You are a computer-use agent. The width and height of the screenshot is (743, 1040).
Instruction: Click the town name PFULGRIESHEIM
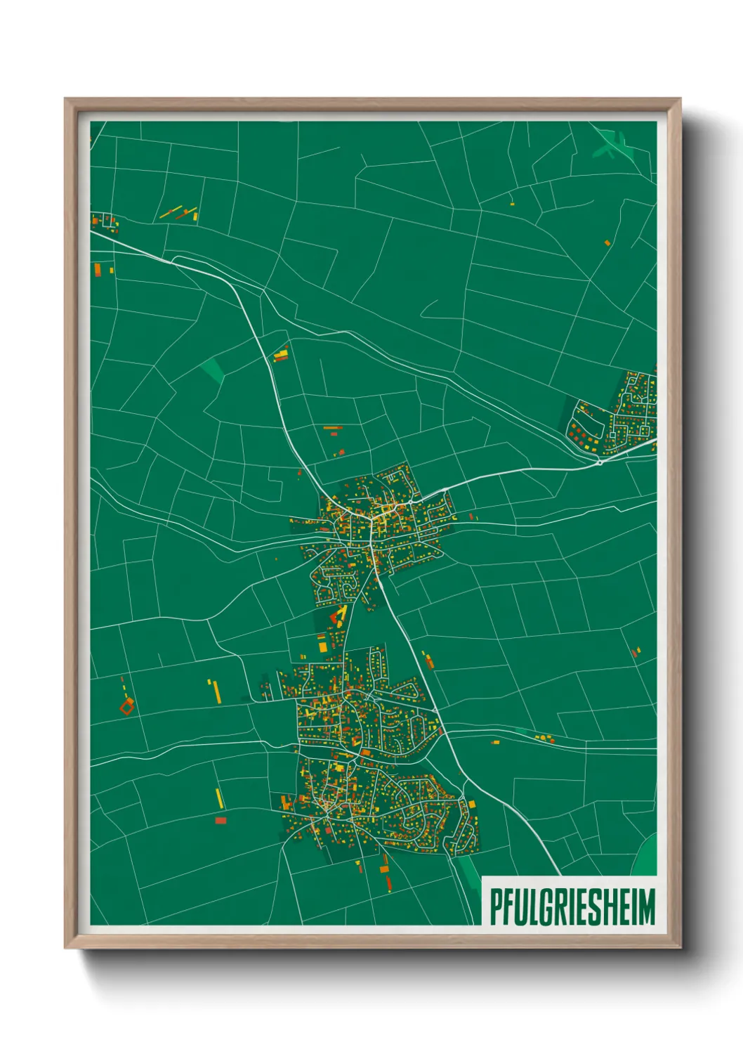pyautogui.click(x=572, y=906)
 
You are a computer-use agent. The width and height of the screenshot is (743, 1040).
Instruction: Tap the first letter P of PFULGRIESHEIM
pyautogui.click(x=495, y=906)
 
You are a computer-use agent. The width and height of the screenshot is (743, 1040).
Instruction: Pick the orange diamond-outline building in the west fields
pyautogui.click(x=126, y=706)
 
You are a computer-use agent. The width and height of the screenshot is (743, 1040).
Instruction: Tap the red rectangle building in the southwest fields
pyautogui.click(x=221, y=820)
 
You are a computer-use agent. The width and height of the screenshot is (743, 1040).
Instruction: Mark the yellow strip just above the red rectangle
pyautogui.click(x=219, y=798)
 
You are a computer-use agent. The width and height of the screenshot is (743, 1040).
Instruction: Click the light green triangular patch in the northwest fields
pyautogui.click(x=211, y=370)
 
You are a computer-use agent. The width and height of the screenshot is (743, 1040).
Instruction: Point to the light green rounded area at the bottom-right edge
pyautogui.click(x=646, y=857)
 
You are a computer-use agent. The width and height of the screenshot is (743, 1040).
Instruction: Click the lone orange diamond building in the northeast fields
pyautogui.click(x=607, y=243)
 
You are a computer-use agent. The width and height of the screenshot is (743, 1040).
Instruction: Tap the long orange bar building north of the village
pyautogui.click(x=332, y=427)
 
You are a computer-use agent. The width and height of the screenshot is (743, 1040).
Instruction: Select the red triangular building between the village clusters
pyautogui.click(x=338, y=618)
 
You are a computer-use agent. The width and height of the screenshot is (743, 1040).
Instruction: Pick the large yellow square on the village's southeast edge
pyautogui.click(x=471, y=803)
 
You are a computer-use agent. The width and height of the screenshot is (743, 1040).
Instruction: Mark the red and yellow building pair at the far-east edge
pyautogui.click(x=636, y=652)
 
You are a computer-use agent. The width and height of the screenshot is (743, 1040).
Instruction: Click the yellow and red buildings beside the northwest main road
pyautogui.click(x=281, y=355)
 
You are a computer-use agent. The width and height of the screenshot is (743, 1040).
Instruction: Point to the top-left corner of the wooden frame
pyautogui.click(x=65, y=99)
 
